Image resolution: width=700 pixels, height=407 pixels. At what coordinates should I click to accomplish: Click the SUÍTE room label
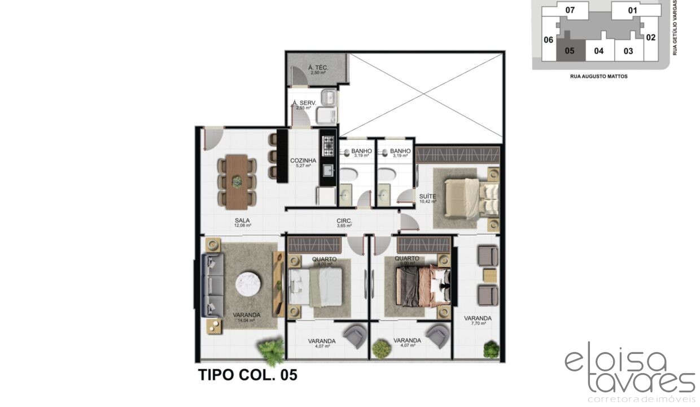(427, 197)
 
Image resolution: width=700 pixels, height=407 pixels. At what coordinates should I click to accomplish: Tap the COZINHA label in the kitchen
(303, 161)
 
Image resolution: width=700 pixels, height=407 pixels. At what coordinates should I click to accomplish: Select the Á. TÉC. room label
(318, 68)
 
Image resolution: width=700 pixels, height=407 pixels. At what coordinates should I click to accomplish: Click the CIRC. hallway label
(344, 221)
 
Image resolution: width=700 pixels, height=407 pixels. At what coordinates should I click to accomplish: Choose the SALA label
(243, 221)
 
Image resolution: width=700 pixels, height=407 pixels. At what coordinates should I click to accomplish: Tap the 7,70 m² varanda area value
(478, 324)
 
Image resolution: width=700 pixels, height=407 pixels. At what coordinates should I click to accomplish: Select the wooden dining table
(237, 181)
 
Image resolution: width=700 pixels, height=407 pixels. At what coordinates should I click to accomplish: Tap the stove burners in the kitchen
(327, 145)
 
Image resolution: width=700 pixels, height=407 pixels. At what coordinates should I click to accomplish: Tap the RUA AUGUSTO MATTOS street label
(598, 76)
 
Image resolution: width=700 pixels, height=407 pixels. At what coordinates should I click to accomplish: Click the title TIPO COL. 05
(247, 375)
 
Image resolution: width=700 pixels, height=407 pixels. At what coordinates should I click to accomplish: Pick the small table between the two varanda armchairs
(489, 275)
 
